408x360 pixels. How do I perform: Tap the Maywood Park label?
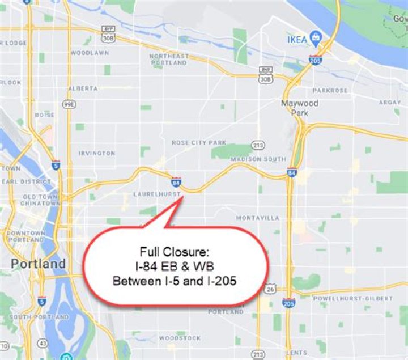click(x=300, y=108)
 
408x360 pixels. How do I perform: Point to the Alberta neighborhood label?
click(x=83, y=88)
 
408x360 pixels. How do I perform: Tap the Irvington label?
click(x=97, y=153)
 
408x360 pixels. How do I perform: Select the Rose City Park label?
click(x=199, y=143)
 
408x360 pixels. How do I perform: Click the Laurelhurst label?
click(x=156, y=194)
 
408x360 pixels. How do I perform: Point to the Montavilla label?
click(x=258, y=218)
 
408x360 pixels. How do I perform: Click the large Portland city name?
click(x=39, y=264)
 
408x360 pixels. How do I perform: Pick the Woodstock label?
click(x=180, y=338)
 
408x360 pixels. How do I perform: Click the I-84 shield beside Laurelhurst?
click(x=176, y=183)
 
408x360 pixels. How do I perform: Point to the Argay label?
click(x=389, y=103)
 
